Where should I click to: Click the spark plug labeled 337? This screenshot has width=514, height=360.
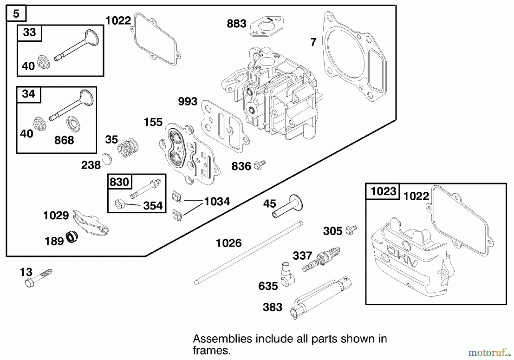(x=322, y=259)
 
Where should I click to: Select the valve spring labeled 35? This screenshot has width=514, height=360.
(x=128, y=147)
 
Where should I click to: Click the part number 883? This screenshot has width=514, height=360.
(x=236, y=24)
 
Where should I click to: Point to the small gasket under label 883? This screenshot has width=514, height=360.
(x=267, y=26)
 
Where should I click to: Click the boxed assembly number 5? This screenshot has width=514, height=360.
(x=16, y=13)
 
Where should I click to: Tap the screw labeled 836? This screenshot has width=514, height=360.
(x=260, y=165)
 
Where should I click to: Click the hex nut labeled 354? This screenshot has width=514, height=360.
(x=119, y=204)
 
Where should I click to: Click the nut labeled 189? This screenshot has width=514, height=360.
(x=72, y=237)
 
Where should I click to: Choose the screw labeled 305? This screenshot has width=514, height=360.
(x=351, y=230)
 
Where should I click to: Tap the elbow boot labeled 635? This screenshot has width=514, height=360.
(x=287, y=275)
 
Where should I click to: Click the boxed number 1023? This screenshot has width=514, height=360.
(x=383, y=191)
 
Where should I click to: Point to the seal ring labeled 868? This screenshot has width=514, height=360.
(x=73, y=124)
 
